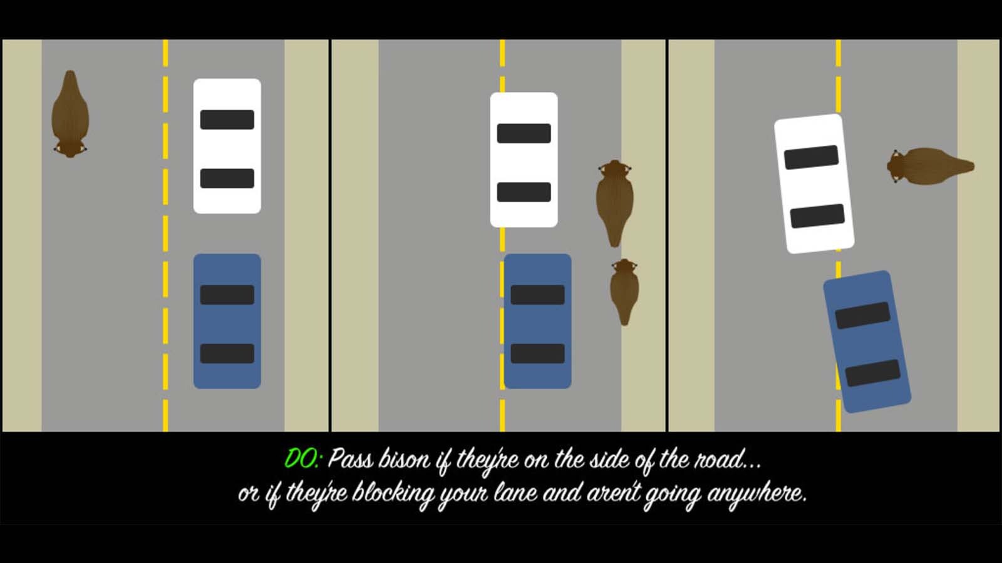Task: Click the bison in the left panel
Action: [70, 114]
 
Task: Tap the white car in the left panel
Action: [227, 146]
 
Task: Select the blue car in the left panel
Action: [227, 322]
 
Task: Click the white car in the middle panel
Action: [524, 160]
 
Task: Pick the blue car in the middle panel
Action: [538, 322]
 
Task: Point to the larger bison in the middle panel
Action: [615, 203]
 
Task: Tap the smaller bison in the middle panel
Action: [624, 292]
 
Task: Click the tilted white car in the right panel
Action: [814, 184]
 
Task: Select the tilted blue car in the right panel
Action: [867, 342]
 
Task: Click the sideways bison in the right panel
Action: [931, 166]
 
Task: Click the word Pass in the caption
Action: [350, 459]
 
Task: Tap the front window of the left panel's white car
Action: [227, 119]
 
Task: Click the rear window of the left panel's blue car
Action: [227, 353]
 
